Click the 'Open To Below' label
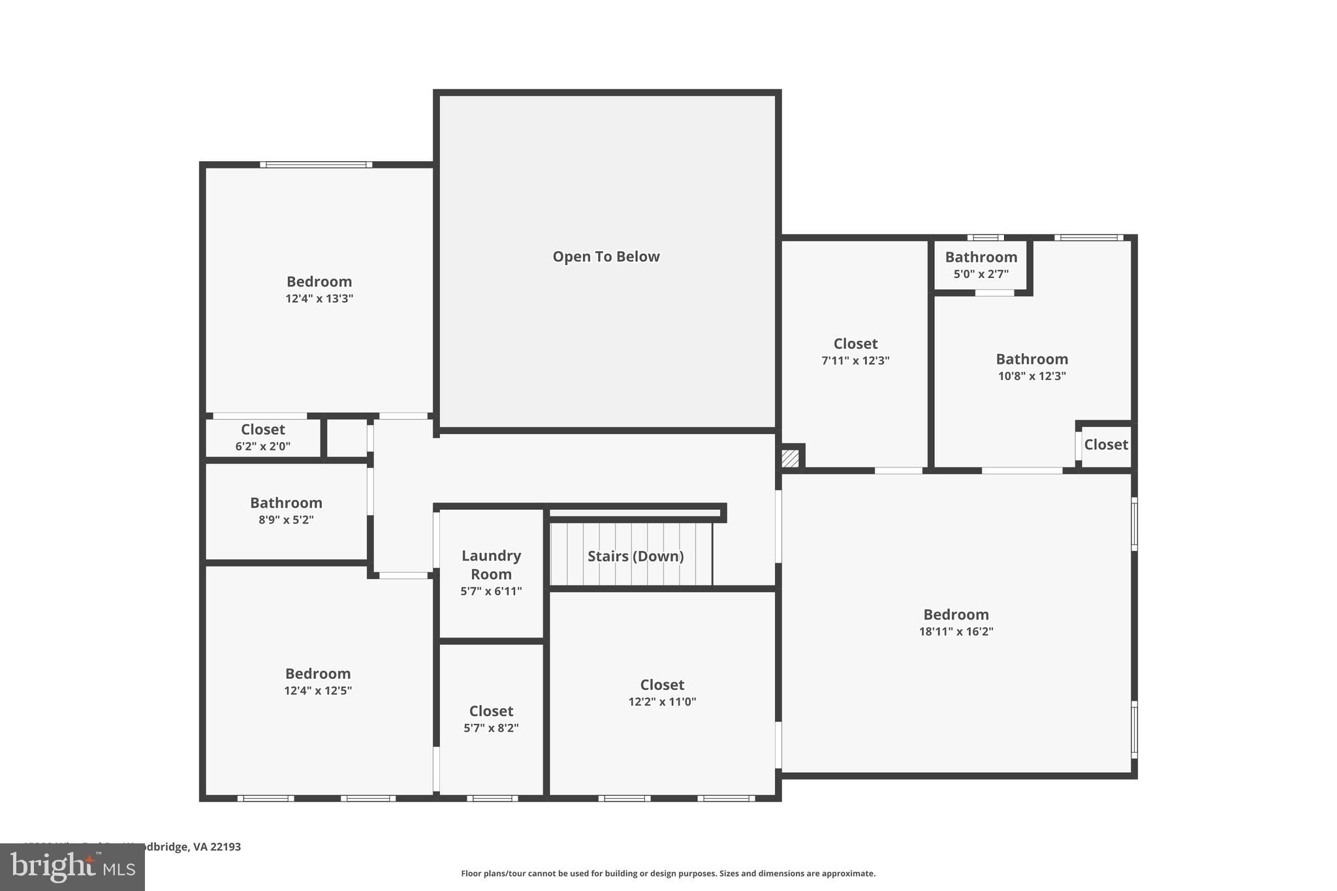tap(606, 257)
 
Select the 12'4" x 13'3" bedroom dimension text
tap(319, 299)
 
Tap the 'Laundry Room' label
tap(491, 565)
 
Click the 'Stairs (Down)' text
tap(635, 556)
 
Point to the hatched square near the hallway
tap(790, 458)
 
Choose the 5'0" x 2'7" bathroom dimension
tap(981, 274)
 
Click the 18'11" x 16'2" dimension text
tap(956, 631)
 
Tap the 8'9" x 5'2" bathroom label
tap(286, 520)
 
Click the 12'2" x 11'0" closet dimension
tap(662, 702)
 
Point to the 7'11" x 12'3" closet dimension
tap(855, 360)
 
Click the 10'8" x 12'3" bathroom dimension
tap(1031, 376)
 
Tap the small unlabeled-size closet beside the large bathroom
tap(1106, 445)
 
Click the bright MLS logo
tap(72, 867)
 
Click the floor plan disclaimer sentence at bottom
tap(668, 873)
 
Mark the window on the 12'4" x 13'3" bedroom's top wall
tap(316, 164)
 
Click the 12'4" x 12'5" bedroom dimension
tap(318, 691)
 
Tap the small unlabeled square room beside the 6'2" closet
tap(346, 438)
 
